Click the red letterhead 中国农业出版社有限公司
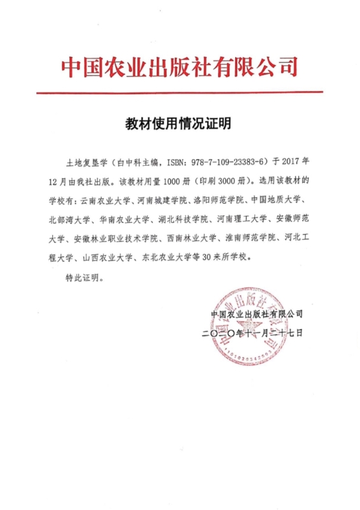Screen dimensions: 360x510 (180, 66)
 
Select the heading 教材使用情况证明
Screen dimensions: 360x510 (180, 124)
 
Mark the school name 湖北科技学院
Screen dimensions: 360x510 (182, 221)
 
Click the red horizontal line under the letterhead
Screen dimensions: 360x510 (180, 93)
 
